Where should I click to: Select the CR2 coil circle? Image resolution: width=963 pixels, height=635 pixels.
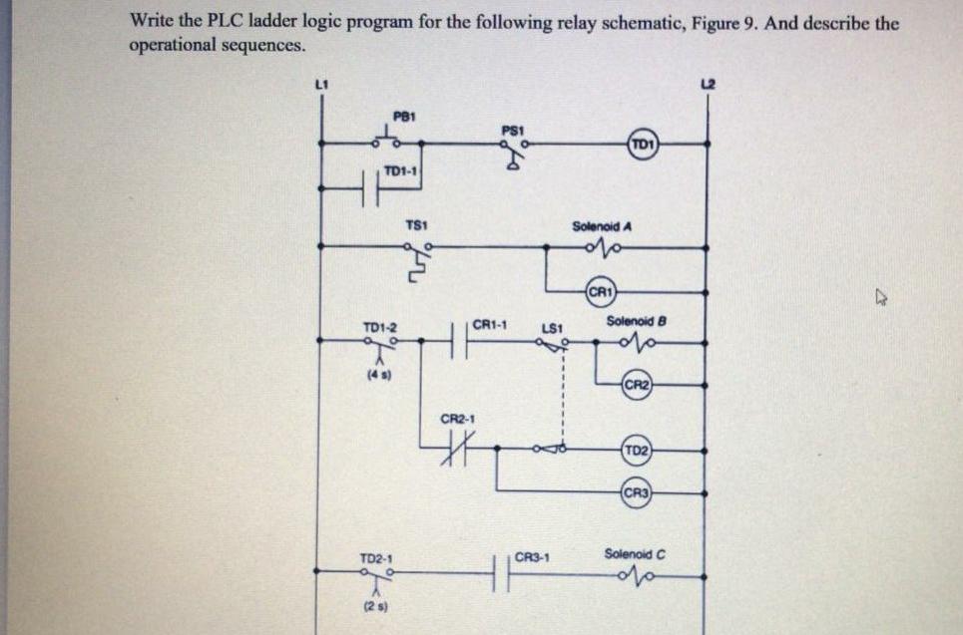coord(636,386)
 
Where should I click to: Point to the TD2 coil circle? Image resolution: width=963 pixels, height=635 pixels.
coord(637,452)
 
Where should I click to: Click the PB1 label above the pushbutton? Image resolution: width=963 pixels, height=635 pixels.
coord(402,115)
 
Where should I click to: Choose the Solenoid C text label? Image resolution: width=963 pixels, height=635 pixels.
coord(634,553)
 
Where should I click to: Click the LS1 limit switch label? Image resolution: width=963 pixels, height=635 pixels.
coord(553,327)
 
